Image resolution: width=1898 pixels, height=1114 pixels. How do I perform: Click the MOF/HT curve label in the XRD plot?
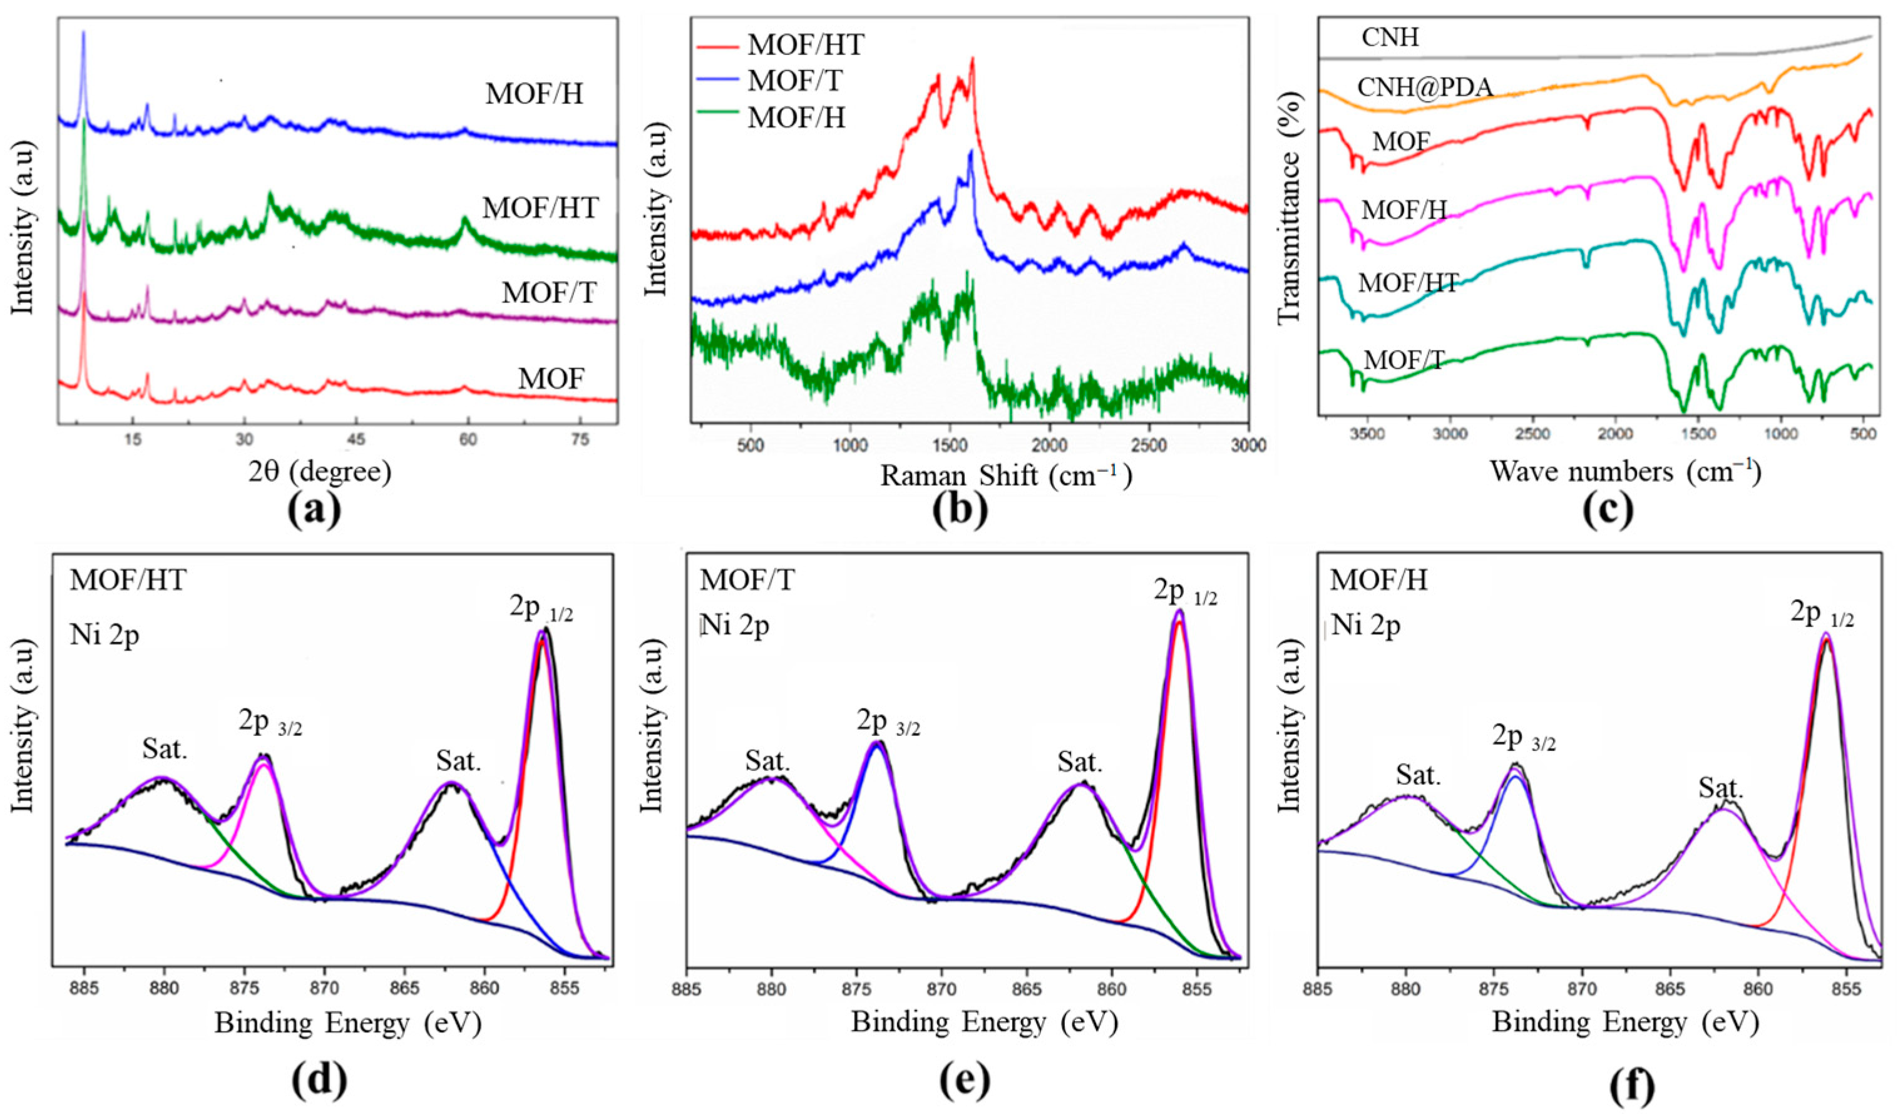pyautogui.click(x=540, y=208)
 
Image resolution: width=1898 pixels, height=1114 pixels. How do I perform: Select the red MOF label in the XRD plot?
pyautogui.click(x=551, y=378)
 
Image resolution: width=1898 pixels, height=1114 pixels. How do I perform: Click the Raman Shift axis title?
pyautogui.click(x=1006, y=476)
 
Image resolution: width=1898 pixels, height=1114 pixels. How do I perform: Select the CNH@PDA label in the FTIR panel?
pyautogui.click(x=1424, y=88)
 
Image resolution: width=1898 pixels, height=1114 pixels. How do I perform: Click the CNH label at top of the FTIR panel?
pyautogui.click(x=1390, y=38)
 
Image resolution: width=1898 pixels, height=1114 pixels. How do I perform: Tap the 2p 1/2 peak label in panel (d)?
pyautogui.click(x=541, y=608)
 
